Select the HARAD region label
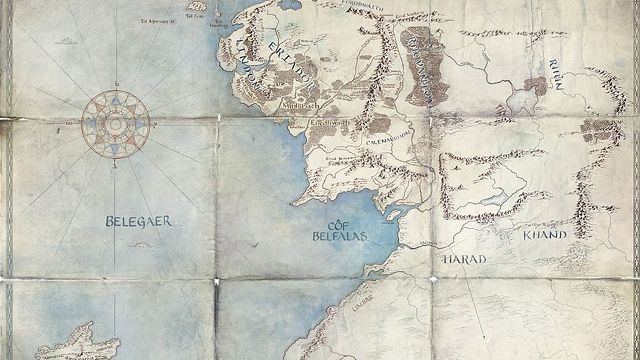click(462, 258)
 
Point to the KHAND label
click(545, 235)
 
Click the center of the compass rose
click(117, 123)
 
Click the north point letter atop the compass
click(117, 84)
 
